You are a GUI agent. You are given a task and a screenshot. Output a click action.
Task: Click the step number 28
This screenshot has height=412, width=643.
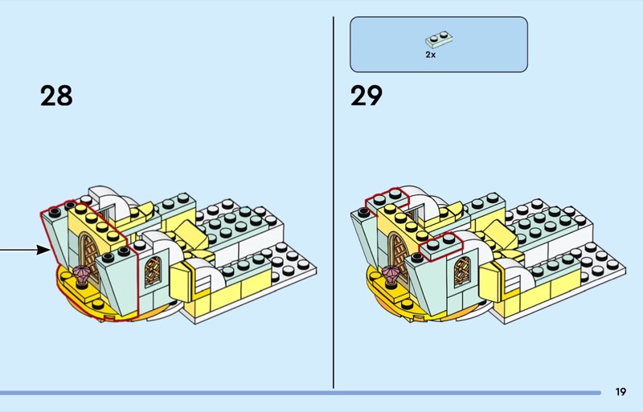pos(56,96)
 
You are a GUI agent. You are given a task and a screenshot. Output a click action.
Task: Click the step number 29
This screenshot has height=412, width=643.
pos(367,96)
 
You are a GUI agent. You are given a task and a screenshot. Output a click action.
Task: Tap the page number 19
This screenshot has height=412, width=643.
pos(620,392)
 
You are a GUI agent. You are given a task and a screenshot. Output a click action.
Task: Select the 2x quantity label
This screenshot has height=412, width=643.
pos(431,55)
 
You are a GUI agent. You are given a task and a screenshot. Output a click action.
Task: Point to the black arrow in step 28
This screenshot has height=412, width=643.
pos(24,251)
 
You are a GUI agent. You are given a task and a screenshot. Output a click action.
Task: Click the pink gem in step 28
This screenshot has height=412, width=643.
pos(81,277)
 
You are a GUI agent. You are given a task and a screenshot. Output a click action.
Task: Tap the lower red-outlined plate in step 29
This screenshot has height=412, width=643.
pos(438,244)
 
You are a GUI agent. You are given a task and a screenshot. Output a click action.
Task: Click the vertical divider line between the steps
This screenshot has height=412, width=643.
pos(334,201)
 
